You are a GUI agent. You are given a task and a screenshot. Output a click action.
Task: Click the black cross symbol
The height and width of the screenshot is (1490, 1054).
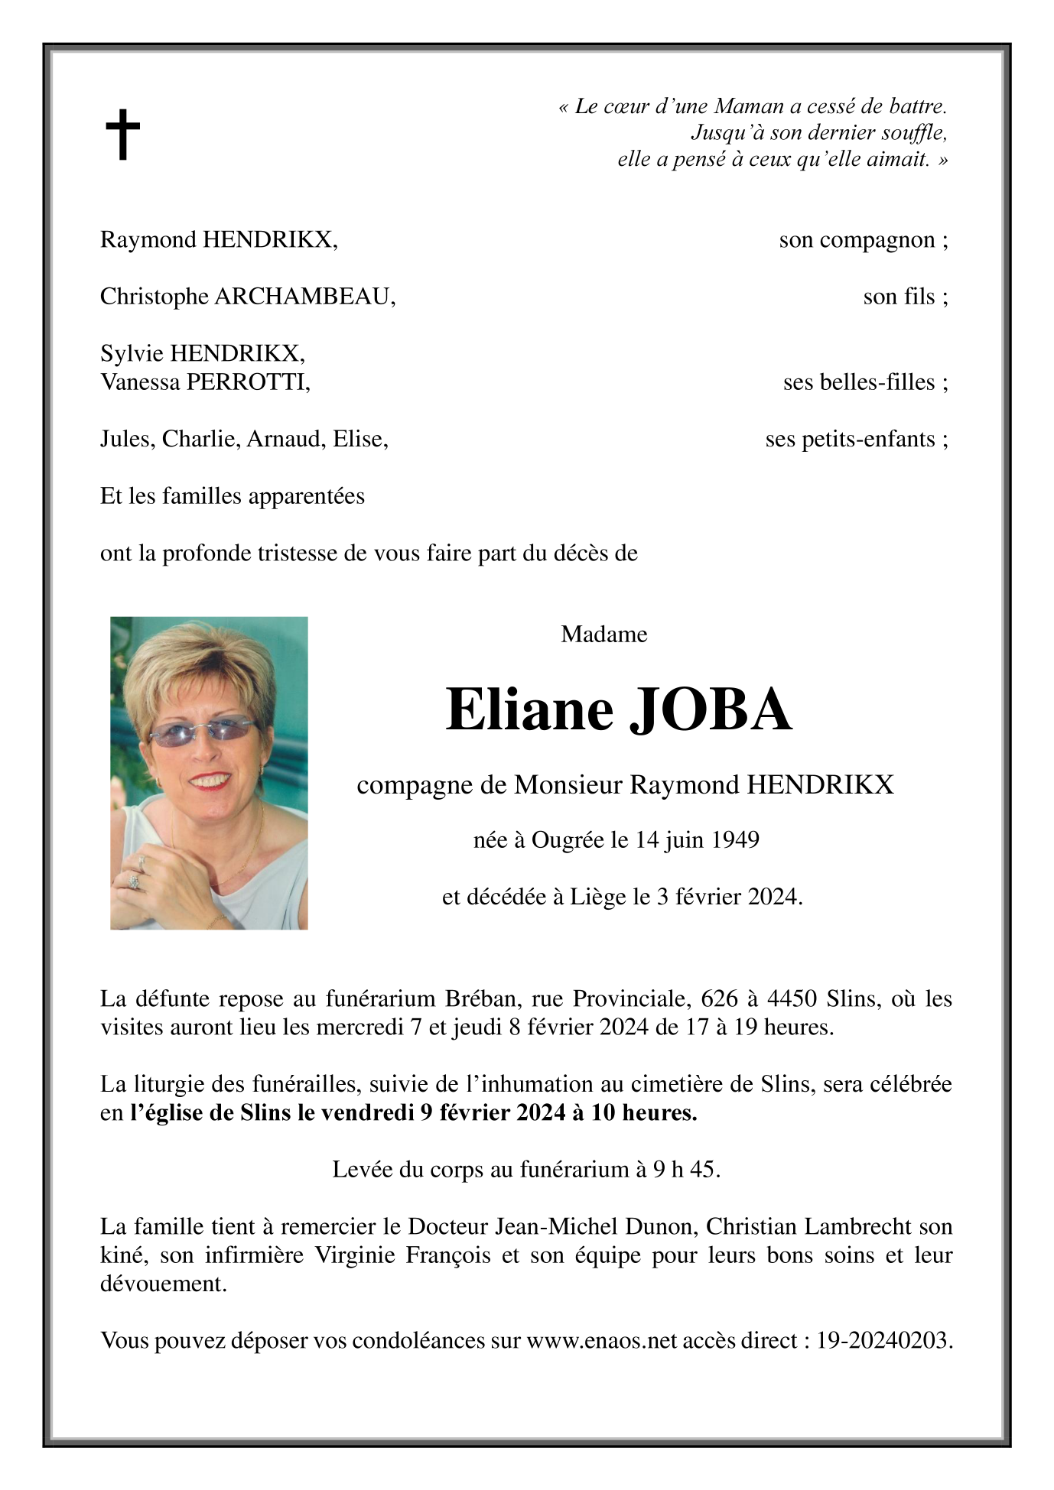point(122,135)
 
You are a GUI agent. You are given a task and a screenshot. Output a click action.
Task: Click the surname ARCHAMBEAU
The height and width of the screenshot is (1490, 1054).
point(304,297)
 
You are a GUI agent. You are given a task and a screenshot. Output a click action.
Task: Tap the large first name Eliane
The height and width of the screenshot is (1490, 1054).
point(529,709)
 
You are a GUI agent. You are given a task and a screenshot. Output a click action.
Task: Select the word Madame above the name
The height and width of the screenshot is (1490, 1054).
point(603,635)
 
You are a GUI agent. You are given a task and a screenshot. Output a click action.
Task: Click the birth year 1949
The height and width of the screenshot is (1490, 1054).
point(735,841)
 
